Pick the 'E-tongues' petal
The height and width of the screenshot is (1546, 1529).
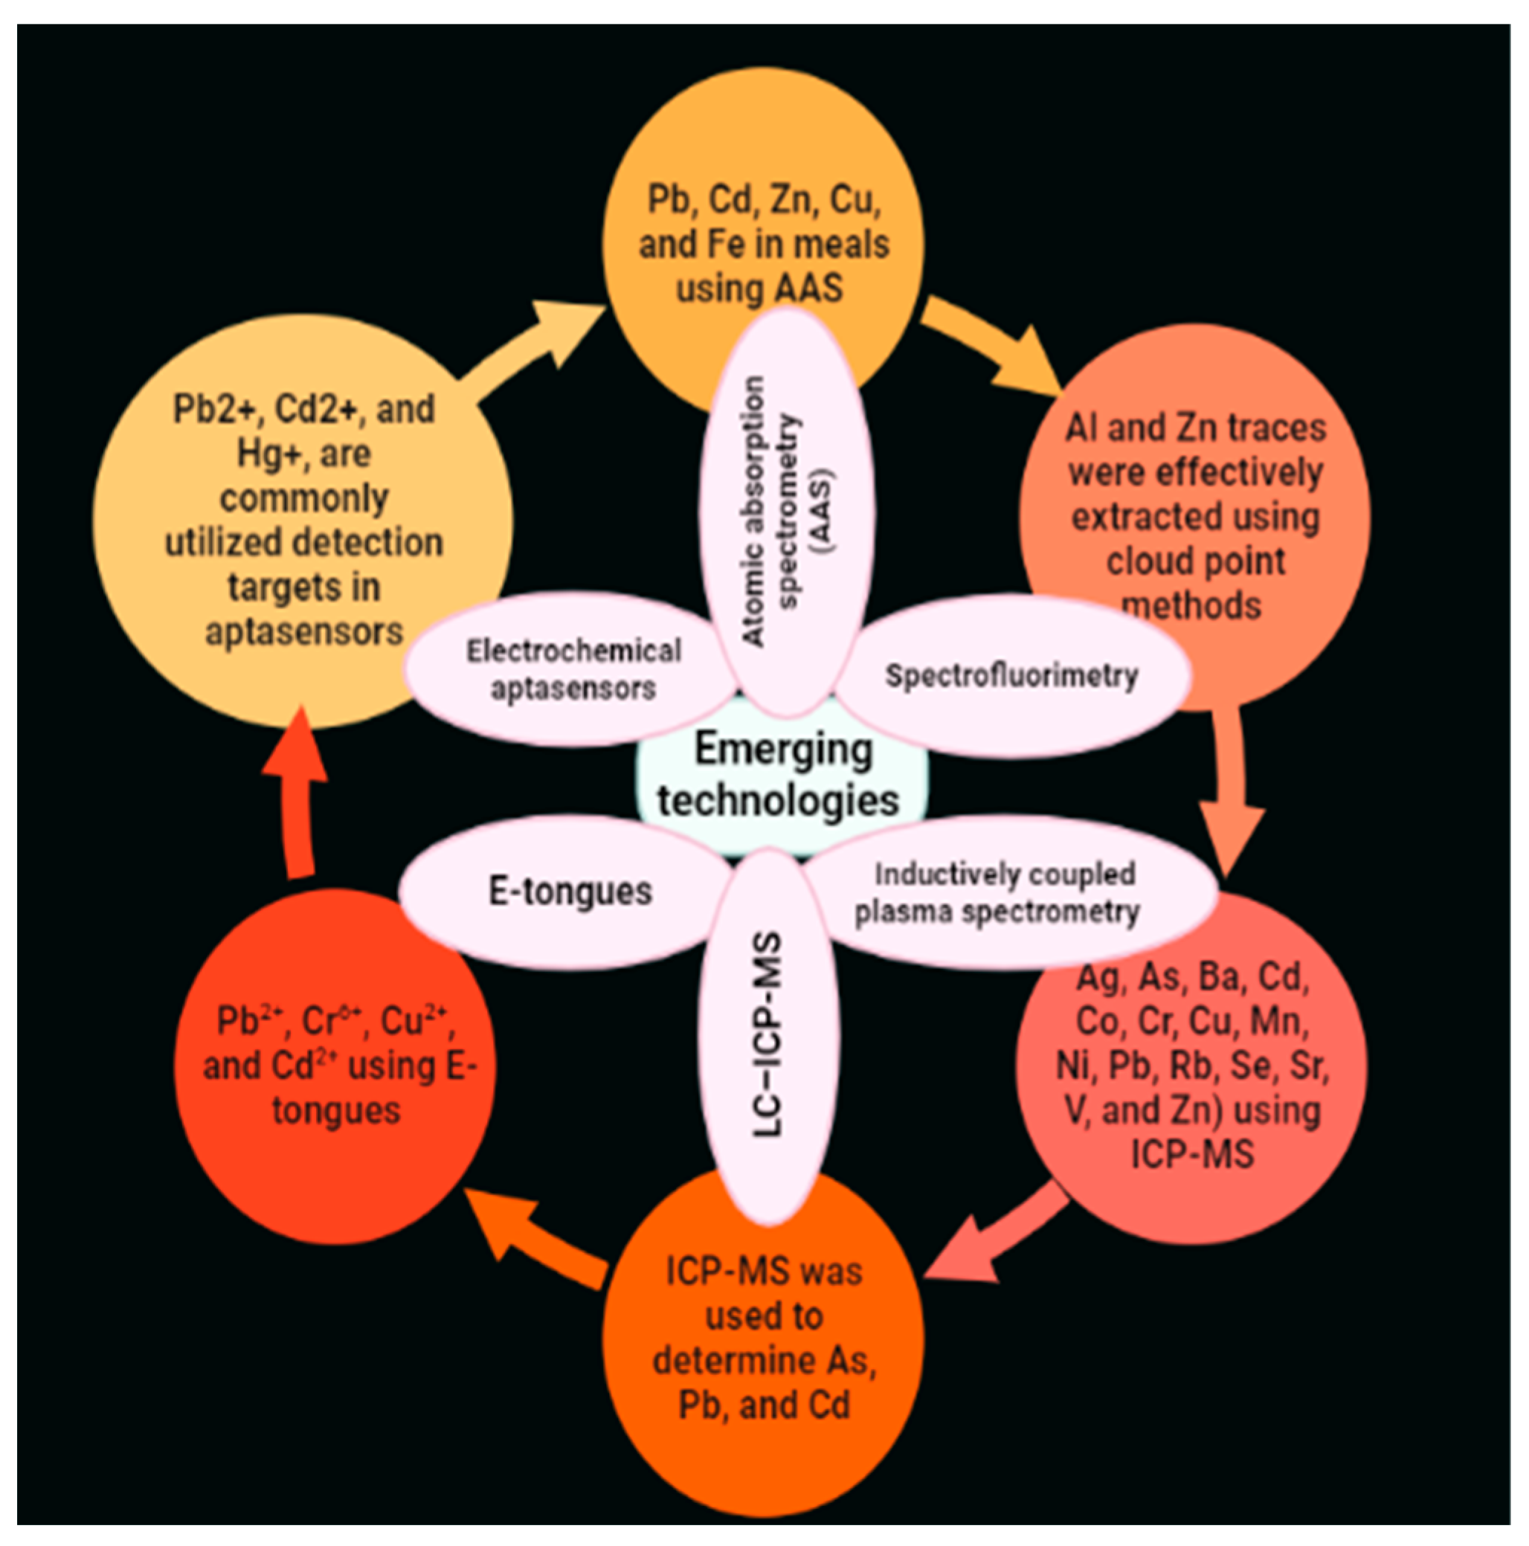[570, 892]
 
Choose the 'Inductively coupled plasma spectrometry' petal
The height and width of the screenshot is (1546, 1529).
[1000, 893]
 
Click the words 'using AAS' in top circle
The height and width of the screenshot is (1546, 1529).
[759, 287]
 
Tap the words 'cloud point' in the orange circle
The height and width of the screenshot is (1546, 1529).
[1194, 561]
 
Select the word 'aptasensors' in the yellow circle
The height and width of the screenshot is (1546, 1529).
[304, 632]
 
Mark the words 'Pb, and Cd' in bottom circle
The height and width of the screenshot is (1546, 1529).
[763, 1405]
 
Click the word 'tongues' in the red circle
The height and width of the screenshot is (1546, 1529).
[335, 1111]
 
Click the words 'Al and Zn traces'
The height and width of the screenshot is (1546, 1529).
[1194, 428]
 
